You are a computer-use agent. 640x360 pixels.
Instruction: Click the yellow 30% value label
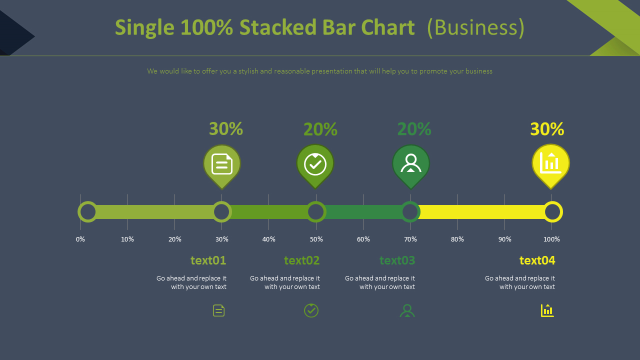547,129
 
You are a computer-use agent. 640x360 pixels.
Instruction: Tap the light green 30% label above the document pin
226,129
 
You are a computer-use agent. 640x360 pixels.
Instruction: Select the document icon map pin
222,164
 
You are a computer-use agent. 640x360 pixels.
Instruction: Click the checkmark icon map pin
315,164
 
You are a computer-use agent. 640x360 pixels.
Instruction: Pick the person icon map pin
410,164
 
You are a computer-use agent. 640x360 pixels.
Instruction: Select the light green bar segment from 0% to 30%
155,212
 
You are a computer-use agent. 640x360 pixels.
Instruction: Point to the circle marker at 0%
88,212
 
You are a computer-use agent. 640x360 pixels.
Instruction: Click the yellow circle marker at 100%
552,212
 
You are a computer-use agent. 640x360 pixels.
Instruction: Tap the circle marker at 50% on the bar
316,212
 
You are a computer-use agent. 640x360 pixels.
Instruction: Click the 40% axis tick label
269,239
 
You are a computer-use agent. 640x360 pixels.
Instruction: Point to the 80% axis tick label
457,239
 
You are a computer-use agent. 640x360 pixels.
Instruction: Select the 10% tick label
127,239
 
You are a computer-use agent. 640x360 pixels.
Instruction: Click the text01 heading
208,260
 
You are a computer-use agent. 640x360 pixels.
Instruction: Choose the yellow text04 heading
537,260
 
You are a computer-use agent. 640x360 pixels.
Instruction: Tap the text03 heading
397,260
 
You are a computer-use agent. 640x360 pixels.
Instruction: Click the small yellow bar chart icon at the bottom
547,310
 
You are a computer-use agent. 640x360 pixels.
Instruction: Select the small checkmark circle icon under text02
311,310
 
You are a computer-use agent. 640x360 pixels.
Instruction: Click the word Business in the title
476,27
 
